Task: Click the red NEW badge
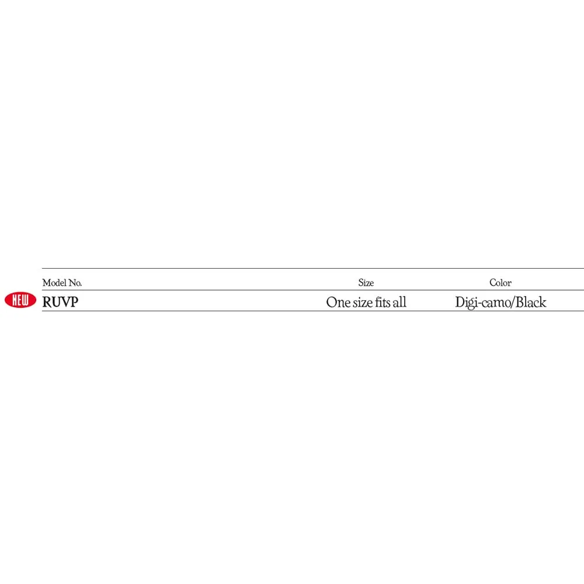click(x=20, y=300)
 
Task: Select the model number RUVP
click(x=60, y=302)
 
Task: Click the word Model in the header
click(x=54, y=283)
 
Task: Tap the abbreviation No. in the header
click(x=75, y=283)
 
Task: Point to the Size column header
click(x=366, y=283)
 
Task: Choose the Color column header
click(x=500, y=283)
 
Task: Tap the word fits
click(x=383, y=302)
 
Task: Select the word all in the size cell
click(x=399, y=302)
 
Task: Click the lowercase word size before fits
click(x=363, y=303)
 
